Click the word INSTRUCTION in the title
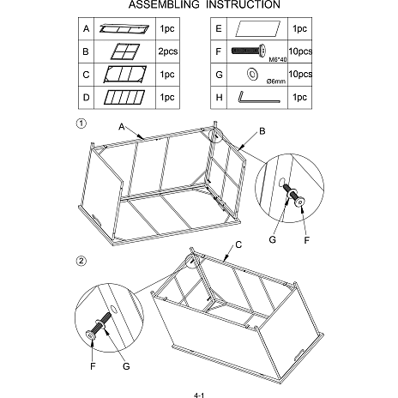coord(243,4)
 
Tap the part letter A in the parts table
coord(86,28)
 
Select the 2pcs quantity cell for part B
coord(168,51)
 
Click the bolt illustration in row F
coord(249,51)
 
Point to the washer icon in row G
coord(252,74)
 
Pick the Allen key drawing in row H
coord(259,97)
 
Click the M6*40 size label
coord(278,59)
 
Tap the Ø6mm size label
coord(276,81)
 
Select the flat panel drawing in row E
coord(257,28)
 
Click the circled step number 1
coord(81,124)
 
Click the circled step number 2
coord(81,261)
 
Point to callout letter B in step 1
coord(262,131)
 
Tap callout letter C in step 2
coord(238,244)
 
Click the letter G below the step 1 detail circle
coord(273,239)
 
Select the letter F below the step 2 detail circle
coord(93,366)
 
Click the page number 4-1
coord(199,395)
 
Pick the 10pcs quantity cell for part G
coord(300,74)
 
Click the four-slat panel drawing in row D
coord(124,97)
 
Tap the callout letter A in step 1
coord(122,127)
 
